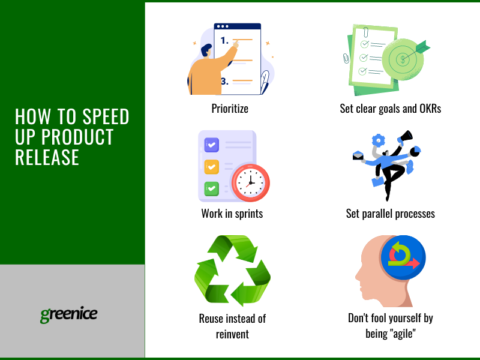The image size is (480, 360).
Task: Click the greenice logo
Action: click(69, 314)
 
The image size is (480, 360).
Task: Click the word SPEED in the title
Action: click(106, 116)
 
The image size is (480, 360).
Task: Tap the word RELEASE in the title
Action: click(47, 157)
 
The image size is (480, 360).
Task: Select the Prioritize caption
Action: click(230, 109)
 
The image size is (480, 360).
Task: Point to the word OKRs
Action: click(430, 109)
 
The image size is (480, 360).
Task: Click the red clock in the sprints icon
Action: click(250, 183)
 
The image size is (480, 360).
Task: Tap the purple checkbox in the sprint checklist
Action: click(212, 145)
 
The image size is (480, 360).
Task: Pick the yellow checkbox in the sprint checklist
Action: click(212, 167)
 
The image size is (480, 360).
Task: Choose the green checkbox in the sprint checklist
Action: click(212, 188)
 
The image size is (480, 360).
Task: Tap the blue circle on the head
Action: click(403, 257)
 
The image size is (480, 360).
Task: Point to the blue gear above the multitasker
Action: click(379, 140)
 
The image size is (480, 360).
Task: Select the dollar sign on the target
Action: click(403, 59)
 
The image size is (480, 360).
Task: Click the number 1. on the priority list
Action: click(224, 40)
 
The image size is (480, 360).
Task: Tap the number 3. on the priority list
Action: click(224, 82)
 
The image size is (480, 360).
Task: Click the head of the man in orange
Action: click(206, 51)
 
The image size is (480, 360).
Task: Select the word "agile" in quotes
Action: click(404, 334)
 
